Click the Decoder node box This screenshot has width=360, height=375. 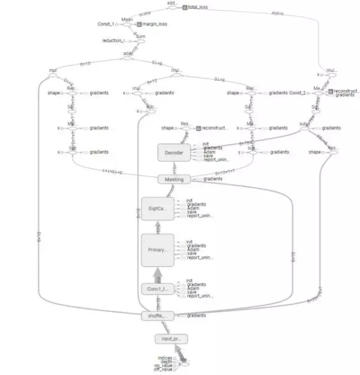174,153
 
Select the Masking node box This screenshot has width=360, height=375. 174,179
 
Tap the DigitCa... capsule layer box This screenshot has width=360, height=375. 158,208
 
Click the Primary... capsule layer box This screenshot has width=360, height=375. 158,250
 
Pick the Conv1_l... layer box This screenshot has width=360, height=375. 158,289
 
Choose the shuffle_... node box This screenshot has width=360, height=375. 158,316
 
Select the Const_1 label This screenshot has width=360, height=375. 106,25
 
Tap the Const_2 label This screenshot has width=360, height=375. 298,93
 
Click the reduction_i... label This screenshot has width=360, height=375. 115,41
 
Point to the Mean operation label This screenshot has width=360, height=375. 127,19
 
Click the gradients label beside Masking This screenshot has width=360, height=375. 213,179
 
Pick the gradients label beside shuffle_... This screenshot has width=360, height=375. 197,316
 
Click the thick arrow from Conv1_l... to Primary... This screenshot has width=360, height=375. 158,274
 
